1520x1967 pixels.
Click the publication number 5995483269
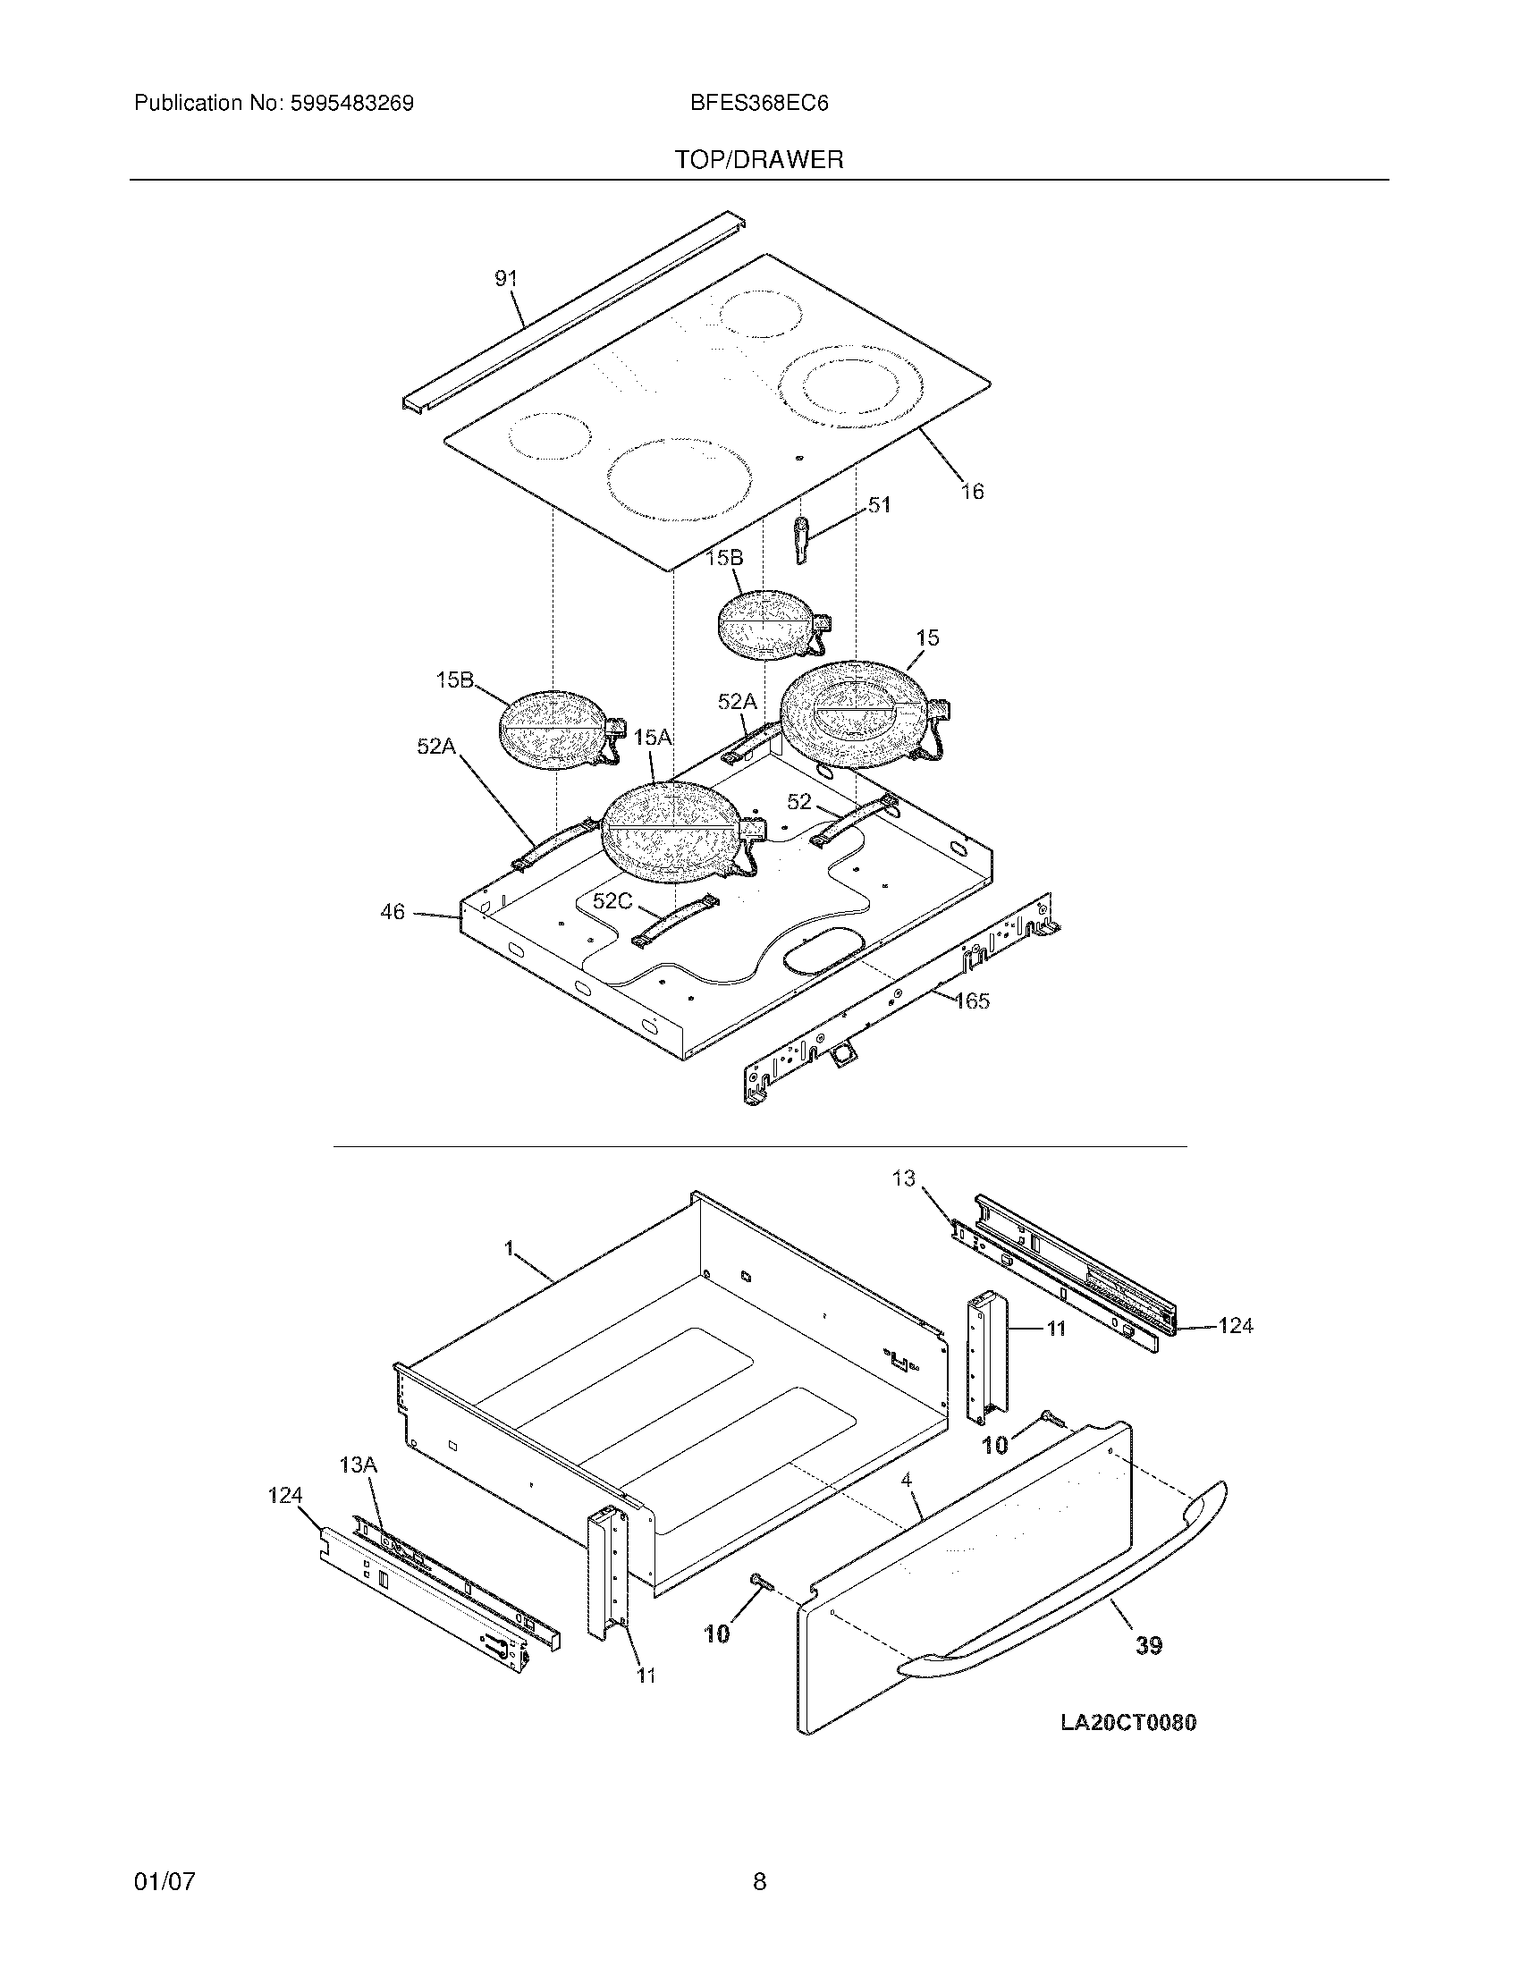coord(351,104)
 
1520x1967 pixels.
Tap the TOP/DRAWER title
coord(759,160)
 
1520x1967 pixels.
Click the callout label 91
coord(507,279)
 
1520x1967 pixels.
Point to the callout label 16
coord(973,492)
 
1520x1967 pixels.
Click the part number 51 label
coord(879,505)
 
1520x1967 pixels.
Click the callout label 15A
coord(653,738)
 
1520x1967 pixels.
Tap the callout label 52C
coord(612,900)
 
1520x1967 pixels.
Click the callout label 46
coord(393,912)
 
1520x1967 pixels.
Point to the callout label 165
coord(972,1000)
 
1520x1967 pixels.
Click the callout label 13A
coord(359,1465)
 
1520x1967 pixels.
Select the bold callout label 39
coord(1148,1645)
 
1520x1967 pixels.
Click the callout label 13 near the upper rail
coord(903,1178)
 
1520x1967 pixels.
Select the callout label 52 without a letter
coord(798,802)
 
